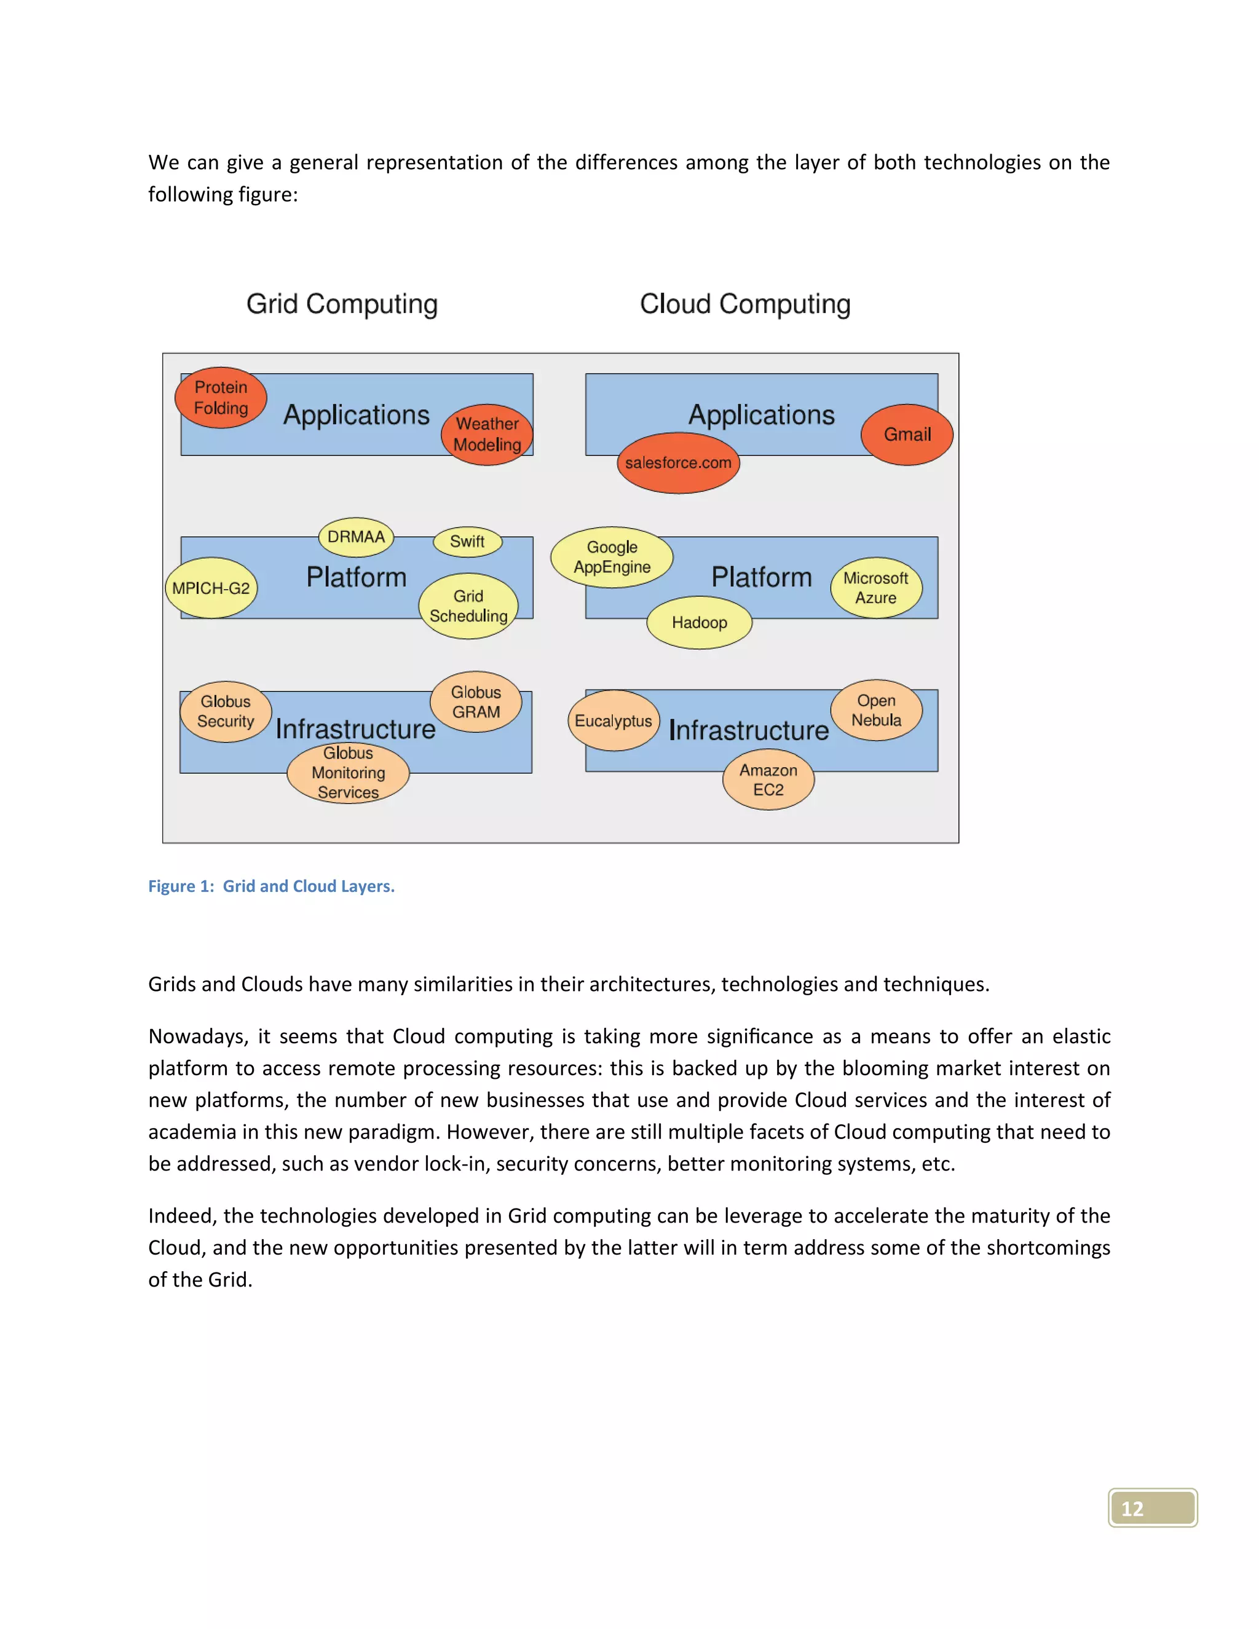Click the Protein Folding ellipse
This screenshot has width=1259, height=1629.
[221, 398]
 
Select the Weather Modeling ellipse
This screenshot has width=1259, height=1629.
[487, 434]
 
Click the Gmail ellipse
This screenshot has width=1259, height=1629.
[907, 434]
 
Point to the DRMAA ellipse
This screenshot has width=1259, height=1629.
[356, 537]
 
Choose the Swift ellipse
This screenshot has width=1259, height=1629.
[467, 542]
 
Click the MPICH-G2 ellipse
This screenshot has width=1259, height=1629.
[211, 588]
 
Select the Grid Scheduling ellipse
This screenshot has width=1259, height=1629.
[468, 605]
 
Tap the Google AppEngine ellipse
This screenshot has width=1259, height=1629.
[612, 557]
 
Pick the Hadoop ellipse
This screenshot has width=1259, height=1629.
[699, 622]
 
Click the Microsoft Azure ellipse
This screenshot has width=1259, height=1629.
[875, 588]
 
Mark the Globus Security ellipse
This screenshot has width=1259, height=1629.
[225, 712]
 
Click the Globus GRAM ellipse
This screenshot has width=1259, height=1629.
[476, 702]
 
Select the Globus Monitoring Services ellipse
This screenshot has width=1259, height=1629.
[349, 773]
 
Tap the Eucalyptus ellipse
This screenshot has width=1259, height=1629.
[613, 720]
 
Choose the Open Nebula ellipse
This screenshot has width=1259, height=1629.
[877, 710]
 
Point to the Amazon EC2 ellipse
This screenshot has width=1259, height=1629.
[768, 779]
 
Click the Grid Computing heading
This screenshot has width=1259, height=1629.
[342, 304]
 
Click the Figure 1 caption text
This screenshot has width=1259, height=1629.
[272, 886]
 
